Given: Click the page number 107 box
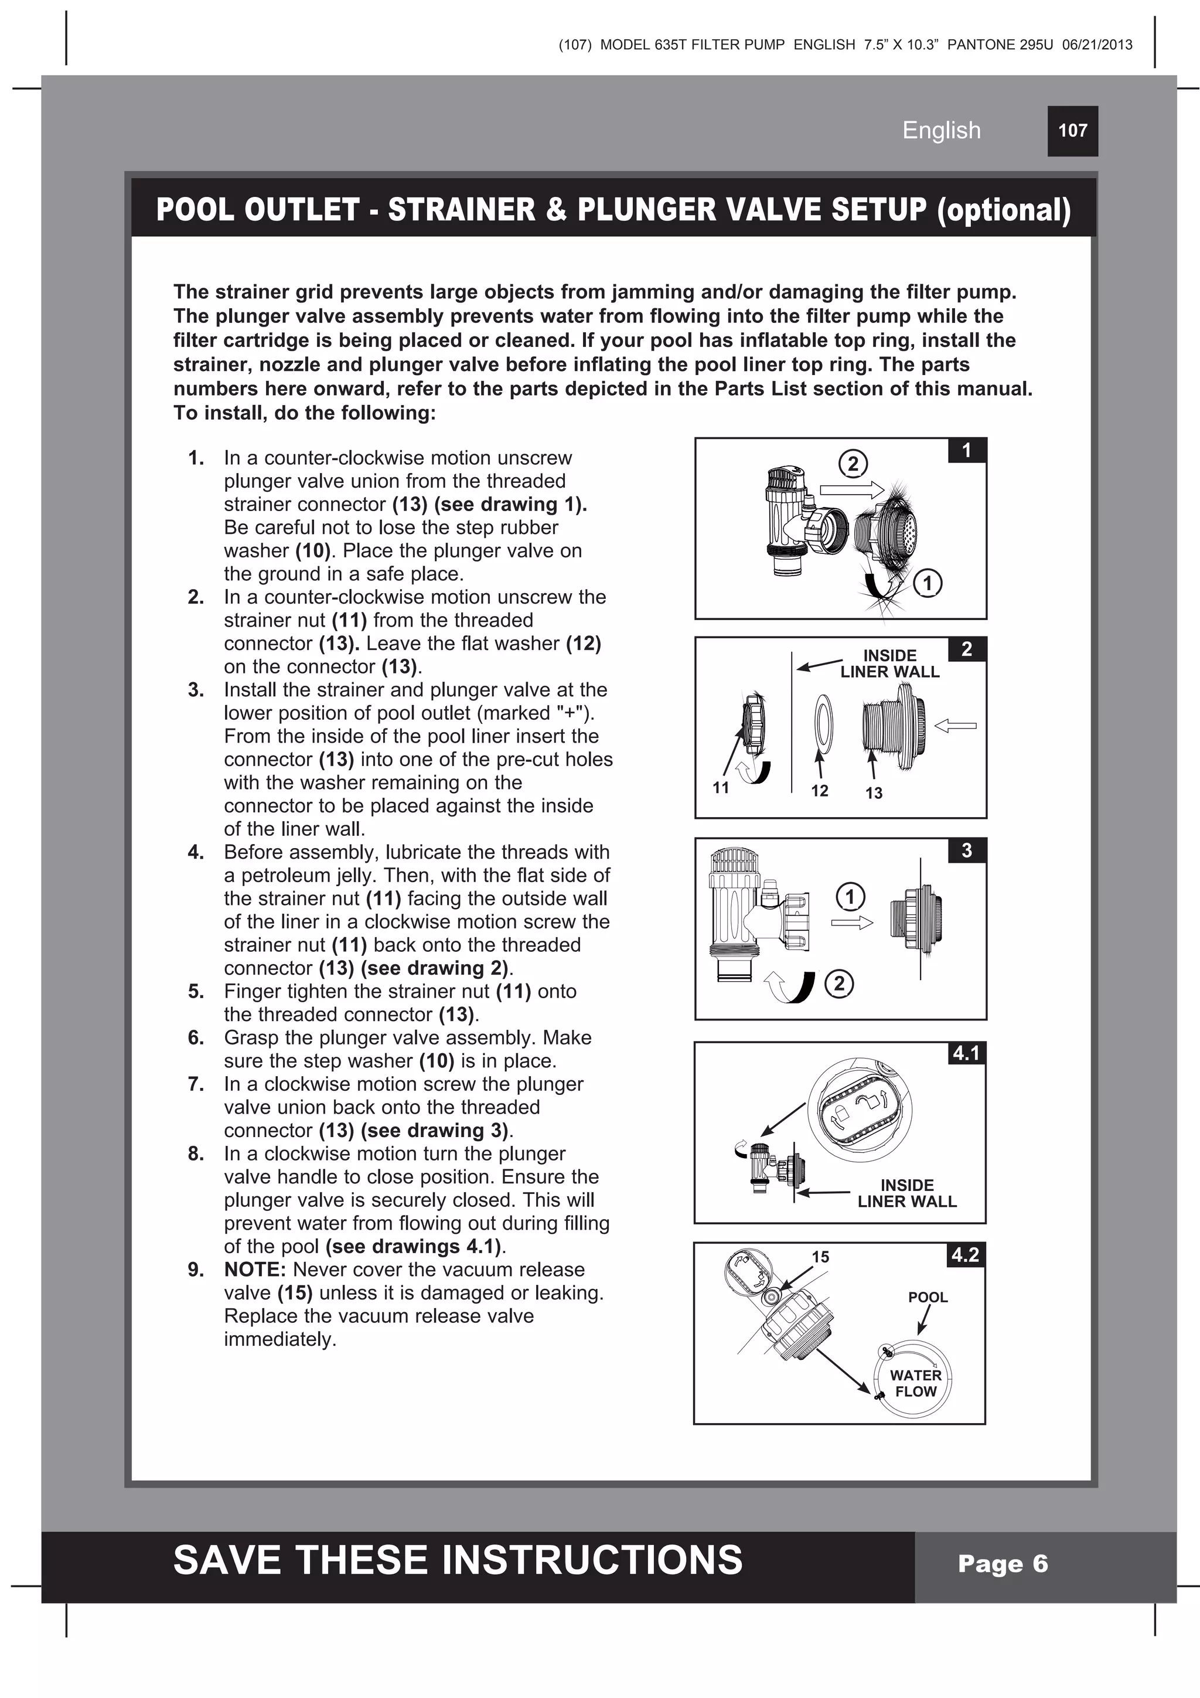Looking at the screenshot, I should [1072, 131].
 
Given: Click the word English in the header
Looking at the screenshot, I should [941, 130].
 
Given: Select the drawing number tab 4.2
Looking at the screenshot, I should [965, 1255].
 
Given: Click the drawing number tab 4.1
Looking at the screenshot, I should [966, 1053].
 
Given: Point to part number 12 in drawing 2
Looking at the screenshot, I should [819, 791].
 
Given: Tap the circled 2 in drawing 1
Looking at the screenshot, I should [853, 464].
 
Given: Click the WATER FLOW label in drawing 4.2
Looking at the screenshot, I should [915, 1383].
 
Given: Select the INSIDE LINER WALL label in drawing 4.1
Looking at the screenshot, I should [906, 1193].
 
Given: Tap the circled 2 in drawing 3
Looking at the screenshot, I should [838, 984].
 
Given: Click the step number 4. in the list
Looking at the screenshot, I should [196, 852].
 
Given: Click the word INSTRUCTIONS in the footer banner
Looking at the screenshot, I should [596, 1560].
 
